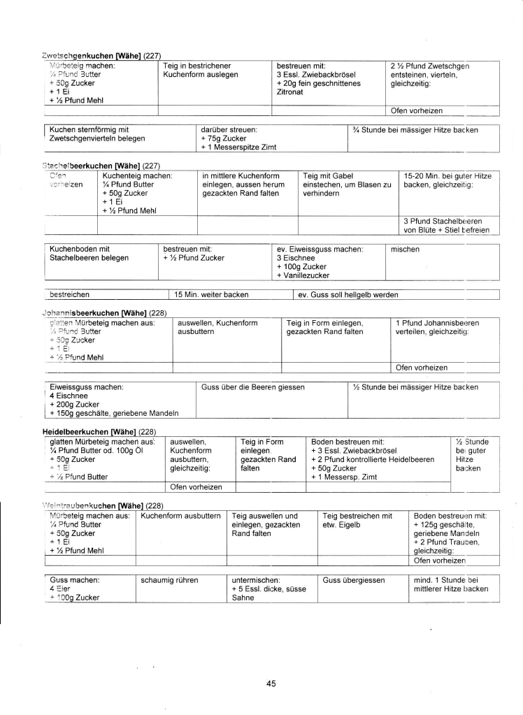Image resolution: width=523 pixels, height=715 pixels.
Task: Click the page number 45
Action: point(271,684)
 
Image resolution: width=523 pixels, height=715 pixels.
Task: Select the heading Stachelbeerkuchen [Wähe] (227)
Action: point(103,165)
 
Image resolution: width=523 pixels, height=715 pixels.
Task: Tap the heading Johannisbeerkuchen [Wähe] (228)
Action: point(103,312)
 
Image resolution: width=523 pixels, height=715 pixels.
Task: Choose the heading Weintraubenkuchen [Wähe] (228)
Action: point(104,503)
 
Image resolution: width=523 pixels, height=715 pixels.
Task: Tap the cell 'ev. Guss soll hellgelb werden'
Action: point(348,294)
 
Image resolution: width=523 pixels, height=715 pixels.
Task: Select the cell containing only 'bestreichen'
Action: point(73,294)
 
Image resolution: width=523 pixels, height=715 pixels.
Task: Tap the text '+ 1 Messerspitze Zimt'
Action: point(236,147)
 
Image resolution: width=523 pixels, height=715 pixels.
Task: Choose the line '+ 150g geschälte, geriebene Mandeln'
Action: point(114,413)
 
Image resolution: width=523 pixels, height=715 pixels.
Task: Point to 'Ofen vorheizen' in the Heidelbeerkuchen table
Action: point(196,486)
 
